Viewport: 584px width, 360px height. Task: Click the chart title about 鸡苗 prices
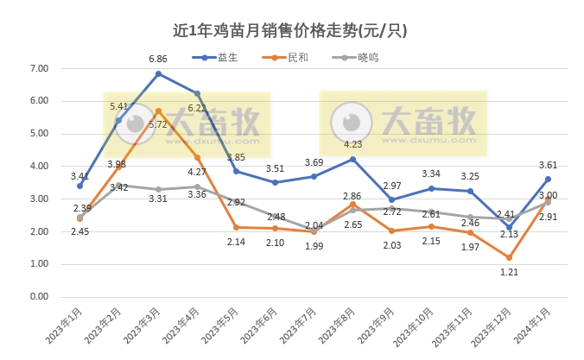(291, 30)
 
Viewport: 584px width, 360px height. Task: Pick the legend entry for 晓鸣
(355, 58)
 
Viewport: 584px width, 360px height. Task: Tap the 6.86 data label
(158, 59)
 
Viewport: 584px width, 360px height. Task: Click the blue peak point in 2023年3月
(158, 74)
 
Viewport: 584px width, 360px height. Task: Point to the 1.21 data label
(509, 273)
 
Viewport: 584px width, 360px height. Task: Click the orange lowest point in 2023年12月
(509, 257)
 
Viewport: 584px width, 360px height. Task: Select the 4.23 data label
(352, 144)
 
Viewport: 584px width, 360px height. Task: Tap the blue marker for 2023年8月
(352, 159)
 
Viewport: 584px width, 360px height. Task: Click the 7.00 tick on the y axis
(39, 68)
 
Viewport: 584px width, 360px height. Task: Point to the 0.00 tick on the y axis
(39, 296)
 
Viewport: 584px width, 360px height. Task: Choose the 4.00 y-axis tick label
(39, 166)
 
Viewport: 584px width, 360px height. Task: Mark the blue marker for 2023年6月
(275, 182)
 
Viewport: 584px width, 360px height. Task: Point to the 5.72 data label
(157, 124)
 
